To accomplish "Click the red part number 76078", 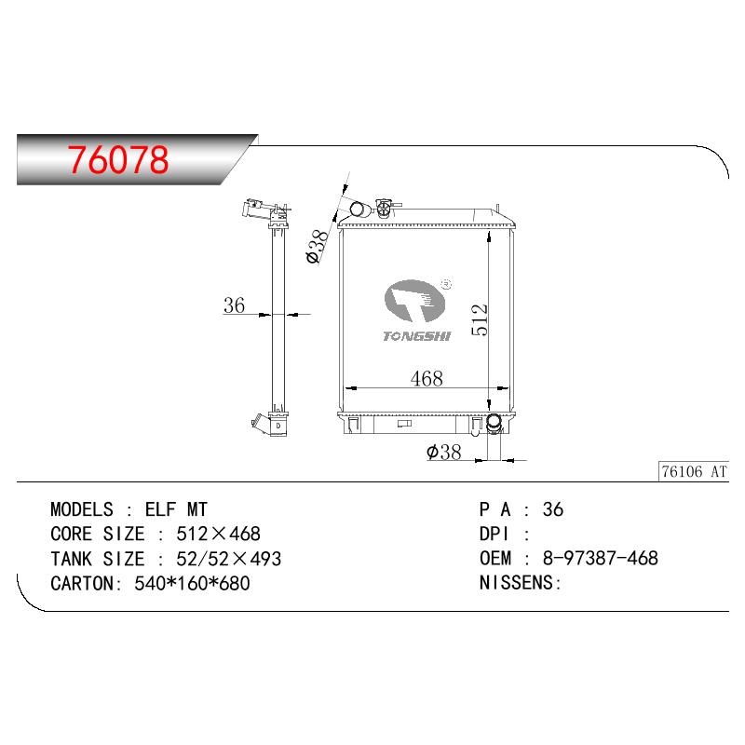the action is click(118, 159).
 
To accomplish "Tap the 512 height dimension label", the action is click(480, 319).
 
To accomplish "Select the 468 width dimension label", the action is click(427, 379).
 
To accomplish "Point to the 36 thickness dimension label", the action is click(235, 305).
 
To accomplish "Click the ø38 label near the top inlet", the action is click(318, 247).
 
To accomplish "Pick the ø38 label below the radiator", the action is click(444, 452).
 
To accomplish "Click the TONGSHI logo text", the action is click(416, 336).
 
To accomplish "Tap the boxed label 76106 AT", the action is click(694, 471).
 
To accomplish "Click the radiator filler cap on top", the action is click(384, 208).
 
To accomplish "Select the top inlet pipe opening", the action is click(357, 209).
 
